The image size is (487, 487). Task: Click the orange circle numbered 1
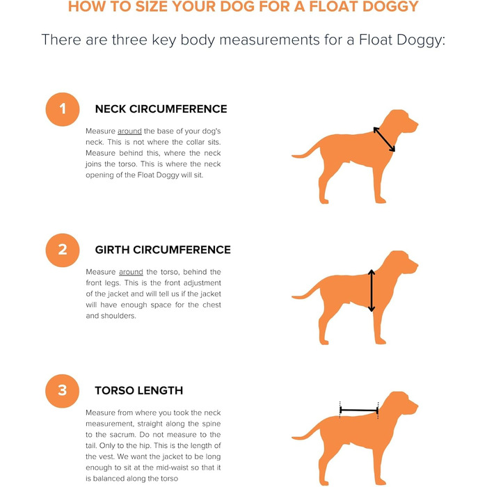[x=63, y=109]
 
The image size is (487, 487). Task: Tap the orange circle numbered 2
[x=63, y=250]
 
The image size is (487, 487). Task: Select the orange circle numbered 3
[x=63, y=391]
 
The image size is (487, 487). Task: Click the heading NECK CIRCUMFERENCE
[x=161, y=109]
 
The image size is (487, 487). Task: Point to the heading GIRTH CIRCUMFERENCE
[x=163, y=250]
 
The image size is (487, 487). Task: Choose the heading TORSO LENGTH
[x=139, y=390]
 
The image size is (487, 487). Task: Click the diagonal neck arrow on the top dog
[x=384, y=139]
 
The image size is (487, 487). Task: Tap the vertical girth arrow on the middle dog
[x=372, y=291]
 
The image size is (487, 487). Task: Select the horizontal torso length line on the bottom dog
[x=359, y=410]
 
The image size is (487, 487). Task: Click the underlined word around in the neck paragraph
[x=129, y=131]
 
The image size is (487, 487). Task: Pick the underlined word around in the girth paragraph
[x=131, y=272]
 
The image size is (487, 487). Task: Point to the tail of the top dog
[x=306, y=150]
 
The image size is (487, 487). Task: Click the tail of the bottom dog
[x=306, y=432]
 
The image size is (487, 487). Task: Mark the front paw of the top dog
[x=381, y=200]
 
